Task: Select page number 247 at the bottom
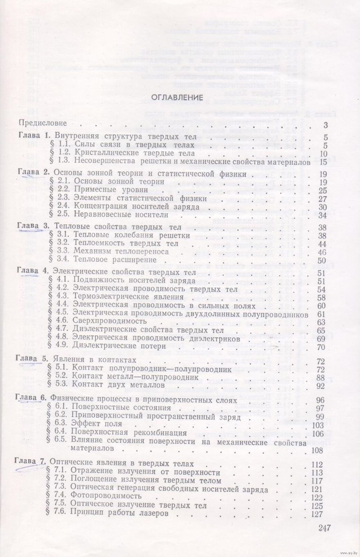click(x=324, y=528)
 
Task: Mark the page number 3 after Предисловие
click(x=325, y=125)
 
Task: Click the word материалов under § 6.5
click(x=92, y=449)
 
